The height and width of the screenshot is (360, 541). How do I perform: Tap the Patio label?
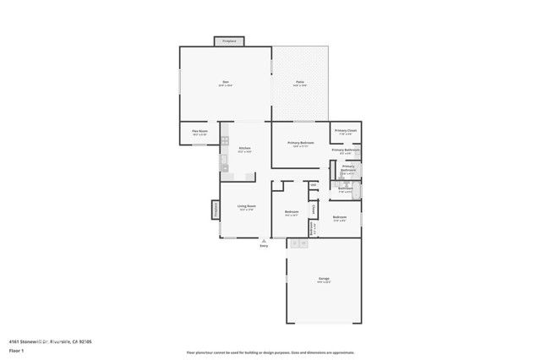coord(300,83)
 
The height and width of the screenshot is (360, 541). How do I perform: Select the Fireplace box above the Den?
coord(228,41)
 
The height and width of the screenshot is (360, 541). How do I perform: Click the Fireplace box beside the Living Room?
coord(216,210)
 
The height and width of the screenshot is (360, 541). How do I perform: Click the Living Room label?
coord(247,208)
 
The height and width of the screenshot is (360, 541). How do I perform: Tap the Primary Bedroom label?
coord(301,144)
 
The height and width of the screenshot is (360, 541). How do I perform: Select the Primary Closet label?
coord(345,132)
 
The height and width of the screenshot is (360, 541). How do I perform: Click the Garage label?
coord(323,279)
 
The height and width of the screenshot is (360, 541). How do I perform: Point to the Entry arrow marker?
coord(263,241)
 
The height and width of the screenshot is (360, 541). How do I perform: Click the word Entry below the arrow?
coord(263,246)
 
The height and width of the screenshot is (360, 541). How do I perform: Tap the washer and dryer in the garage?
coord(298,243)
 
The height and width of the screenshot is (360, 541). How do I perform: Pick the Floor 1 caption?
coord(15,350)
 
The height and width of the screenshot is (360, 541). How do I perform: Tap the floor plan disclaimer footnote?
coord(270,352)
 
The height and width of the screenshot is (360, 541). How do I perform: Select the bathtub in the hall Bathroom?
coord(356,190)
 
